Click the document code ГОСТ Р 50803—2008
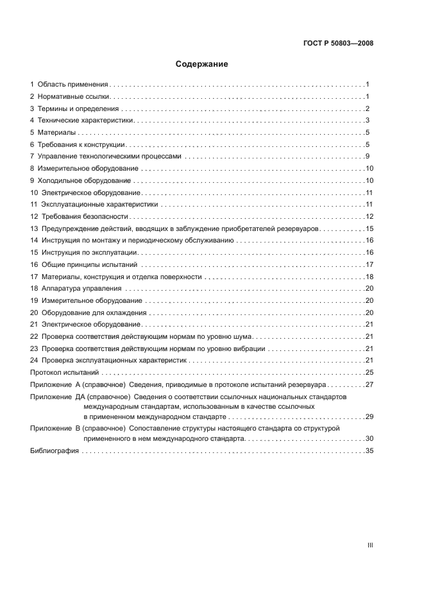[x=337, y=44]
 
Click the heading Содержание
[x=202, y=64]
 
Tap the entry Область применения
[x=72, y=85]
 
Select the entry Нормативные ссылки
[x=74, y=96]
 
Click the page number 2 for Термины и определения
[x=367, y=108]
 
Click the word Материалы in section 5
[x=56, y=133]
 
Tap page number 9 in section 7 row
[x=367, y=157]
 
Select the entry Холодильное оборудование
[x=84, y=181]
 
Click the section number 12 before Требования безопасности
[x=34, y=217]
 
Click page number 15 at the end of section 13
[x=369, y=229]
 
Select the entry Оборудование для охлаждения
[x=94, y=313]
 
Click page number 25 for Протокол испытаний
[x=369, y=373]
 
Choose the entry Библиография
[x=55, y=451]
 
